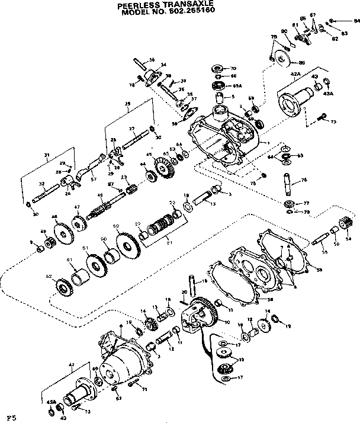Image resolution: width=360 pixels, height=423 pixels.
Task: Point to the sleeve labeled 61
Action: [x=78, y=273]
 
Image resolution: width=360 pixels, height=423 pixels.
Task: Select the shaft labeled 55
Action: [x=317, y=242]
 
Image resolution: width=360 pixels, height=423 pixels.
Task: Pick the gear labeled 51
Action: [x=94, y=261]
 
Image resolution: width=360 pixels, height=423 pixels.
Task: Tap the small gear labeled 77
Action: [x=289, y=204]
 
